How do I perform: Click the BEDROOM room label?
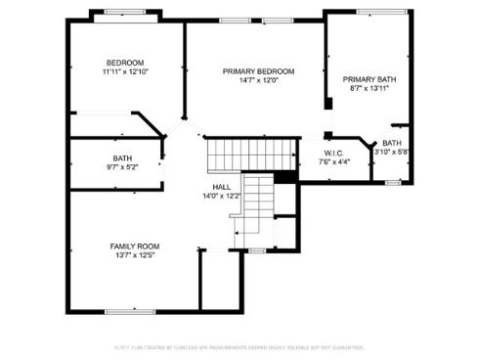[124, 63]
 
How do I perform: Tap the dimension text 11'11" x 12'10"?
[124, 71]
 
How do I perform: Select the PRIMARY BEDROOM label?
[258, 71]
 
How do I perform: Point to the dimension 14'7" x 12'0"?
[258, 80]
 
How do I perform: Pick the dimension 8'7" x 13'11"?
[366, 88]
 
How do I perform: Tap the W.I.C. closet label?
[334, 153]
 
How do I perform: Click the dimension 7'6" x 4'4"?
[334, 161]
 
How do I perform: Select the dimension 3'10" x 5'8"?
[391, 152]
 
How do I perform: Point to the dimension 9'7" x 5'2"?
[122, 167]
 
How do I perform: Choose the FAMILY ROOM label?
[134, 246]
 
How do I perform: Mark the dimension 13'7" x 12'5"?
[134, 255]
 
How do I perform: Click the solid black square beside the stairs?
[284, 176]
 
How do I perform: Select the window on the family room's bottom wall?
[131, 311]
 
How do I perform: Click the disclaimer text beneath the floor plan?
[239, 346]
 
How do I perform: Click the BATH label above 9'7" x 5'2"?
[122, 158]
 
